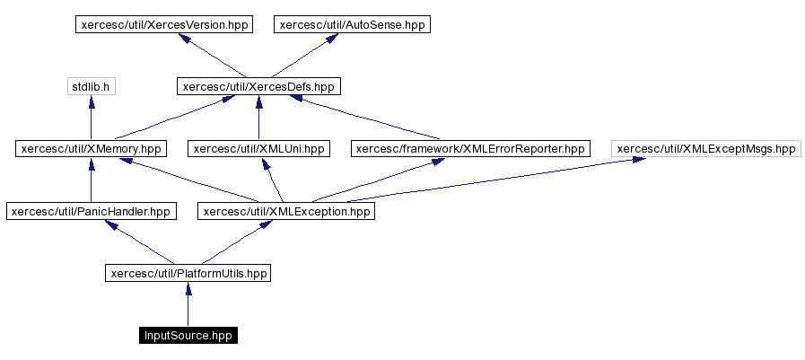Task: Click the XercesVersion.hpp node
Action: (x=162, y=24)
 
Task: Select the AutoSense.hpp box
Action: (x=352, y=24)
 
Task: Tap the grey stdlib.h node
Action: (x=91, y=87)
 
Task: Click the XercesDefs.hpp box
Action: (x=258, y=87)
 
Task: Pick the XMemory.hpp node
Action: (x=91, y=149)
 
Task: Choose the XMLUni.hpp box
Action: (x=258, y=149)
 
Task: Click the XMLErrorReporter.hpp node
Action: (x=470, y=149)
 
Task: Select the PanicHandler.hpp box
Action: (x=91, y=212)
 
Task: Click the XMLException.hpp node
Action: (x=285, y=212)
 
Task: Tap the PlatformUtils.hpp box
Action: (x=188, y=273)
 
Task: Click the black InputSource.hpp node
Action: (x=188, y=336)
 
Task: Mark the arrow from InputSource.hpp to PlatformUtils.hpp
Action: (x=188, y=305)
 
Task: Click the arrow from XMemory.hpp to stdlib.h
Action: (x=91, y=119)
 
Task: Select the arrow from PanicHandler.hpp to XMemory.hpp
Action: (x=91, y=181)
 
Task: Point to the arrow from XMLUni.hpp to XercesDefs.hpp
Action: (x=258, y=119)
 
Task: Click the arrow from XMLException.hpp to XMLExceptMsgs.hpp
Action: (x=503, y=180)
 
